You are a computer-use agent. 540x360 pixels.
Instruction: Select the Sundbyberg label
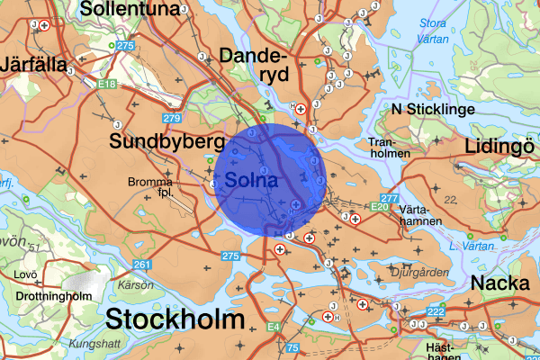point(166,142)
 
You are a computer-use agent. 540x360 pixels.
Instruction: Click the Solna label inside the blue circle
point(252,180)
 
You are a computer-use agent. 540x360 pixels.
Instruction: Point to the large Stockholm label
point(175,320)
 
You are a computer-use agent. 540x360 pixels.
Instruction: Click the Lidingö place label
point(500,148)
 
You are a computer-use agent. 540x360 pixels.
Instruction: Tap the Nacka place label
point(499,283)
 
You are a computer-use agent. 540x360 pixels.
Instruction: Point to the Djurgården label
point(417,268)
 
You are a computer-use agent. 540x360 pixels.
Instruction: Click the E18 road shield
point(109,84)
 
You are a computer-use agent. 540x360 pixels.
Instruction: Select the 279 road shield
point(172,119)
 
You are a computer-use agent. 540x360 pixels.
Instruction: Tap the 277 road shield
point(389,198)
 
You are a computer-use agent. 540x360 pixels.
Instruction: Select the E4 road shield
point(274,328)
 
